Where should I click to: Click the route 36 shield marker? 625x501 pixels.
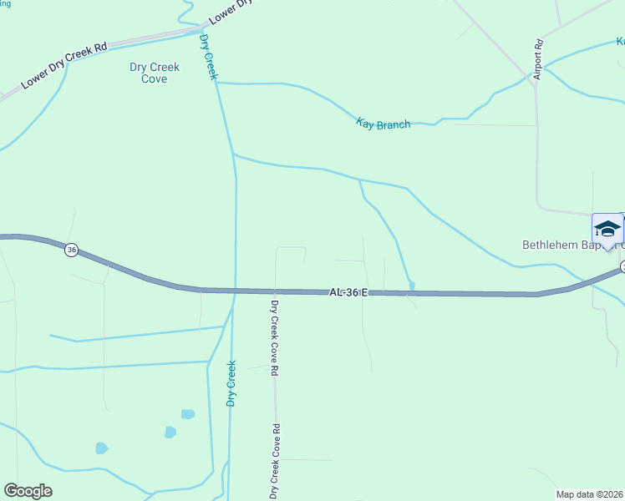72,250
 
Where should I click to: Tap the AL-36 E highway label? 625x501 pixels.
348,292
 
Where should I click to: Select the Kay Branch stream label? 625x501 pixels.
384,124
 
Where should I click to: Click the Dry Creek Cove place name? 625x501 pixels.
155,73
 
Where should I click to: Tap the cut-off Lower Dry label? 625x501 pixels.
230,12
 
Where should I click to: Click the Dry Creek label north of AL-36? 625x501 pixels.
209,57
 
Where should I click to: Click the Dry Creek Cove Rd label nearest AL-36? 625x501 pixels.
274,337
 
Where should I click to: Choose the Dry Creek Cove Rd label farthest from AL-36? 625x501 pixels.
273,461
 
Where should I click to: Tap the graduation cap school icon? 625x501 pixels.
607,229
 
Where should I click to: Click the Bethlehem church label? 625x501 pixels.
572,245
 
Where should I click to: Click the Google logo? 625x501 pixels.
28,491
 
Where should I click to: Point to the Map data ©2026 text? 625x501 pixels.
590,494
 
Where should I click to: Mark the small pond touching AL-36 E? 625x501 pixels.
412,286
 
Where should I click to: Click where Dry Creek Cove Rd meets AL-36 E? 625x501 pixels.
274,291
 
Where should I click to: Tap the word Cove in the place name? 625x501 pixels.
155,79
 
